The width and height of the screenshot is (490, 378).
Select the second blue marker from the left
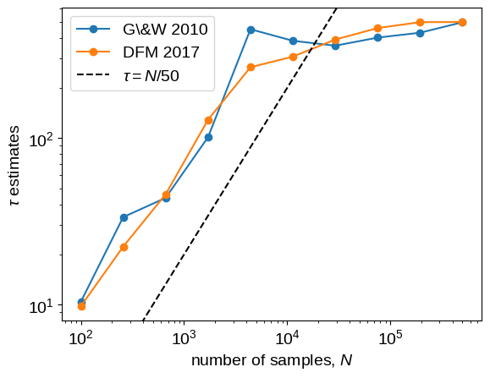(124, 217)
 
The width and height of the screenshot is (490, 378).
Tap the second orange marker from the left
(124, 247)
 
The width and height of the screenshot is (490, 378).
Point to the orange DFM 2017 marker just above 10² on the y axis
(208, 120)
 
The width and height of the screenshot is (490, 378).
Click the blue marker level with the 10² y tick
(208, 137)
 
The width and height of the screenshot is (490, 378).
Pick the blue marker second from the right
(420, 33)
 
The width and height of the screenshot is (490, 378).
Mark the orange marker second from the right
(420, 22)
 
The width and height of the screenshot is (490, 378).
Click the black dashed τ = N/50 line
(239, 165)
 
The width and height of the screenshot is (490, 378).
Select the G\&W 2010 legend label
(165, 30)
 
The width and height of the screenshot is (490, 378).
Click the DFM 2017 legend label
(161, 52)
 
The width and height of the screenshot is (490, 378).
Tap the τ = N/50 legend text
(151, 75)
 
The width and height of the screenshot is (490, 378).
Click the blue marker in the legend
(93, 29)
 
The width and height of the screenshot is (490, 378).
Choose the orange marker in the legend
(93, 52)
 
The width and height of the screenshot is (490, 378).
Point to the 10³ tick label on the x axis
(184, 338)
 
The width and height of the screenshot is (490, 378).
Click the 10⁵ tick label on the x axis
(390, 338)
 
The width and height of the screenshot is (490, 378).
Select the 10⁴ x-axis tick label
(287, 338)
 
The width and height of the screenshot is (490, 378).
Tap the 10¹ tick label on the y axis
(41, 306)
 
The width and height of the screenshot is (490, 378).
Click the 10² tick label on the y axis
(41, 140)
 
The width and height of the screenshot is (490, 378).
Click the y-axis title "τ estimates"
(14, 165)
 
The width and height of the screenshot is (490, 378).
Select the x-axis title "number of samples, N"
(272, 360)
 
